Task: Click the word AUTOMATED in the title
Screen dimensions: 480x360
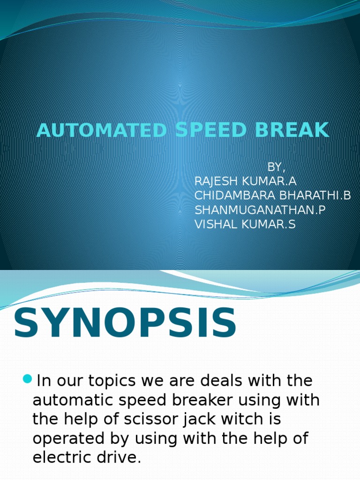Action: pyautogui.click(x=101, y=130)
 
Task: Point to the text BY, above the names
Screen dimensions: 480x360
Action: pyautogui.click(x=276, y=167)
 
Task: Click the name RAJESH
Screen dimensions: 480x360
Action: pyautogui.click(x=219, y=181)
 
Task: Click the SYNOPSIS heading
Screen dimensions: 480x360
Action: pyautogui.click(x=125, y=323)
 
